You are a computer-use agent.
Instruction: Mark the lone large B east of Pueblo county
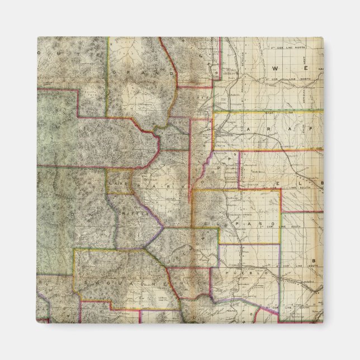pyautogui.click(x=314, y=260)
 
